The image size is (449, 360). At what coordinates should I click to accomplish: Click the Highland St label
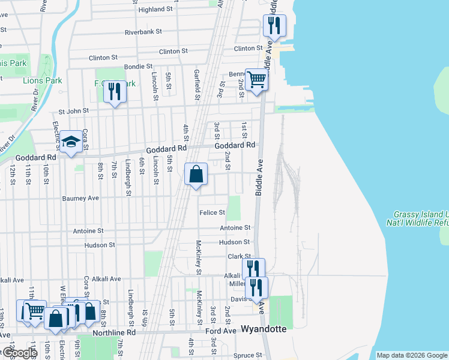coord(155,10)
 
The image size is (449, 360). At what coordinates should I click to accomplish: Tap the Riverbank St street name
coord(149,33)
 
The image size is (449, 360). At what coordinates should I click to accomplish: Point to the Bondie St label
coord(138,67)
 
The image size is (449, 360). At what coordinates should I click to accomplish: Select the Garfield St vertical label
coord(196,84)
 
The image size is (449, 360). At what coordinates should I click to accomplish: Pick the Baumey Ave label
coord(80,198)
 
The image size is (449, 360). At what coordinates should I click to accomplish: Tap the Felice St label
coord(212,212)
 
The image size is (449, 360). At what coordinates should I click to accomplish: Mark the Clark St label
coord(238,257)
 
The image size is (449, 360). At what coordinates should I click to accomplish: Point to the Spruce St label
coord(248,355)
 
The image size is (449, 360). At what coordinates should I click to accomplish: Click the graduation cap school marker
coord(71,142)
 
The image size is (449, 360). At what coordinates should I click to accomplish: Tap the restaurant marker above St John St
coord(114,92)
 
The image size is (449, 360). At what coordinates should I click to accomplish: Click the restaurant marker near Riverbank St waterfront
coord(274,26)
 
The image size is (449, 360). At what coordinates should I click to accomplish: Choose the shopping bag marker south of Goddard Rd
coord(196,175)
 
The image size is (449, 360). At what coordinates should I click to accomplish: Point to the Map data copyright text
coord(412,355)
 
